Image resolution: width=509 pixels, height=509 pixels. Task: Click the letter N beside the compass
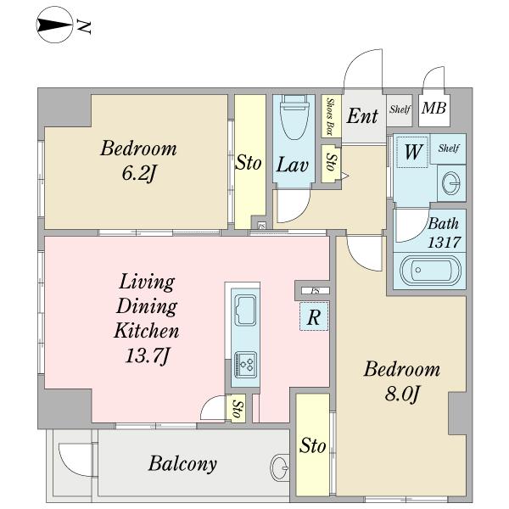[83, 26]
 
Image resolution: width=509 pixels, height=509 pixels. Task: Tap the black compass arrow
[54, 25]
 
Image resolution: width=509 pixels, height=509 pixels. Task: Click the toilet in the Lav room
[294, 117]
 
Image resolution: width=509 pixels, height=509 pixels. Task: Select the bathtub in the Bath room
[430, 270]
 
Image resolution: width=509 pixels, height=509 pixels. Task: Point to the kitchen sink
[245, 310]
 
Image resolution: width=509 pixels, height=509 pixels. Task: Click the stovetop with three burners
[246, 365]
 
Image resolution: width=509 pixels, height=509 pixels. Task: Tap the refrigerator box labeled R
[314, 316]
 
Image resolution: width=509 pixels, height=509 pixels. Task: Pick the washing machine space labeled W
[412, 152]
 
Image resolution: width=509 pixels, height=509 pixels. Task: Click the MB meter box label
[434, 108]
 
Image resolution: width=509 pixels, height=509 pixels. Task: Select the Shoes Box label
[331, 116]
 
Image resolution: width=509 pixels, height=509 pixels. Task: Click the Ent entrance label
[362, 116]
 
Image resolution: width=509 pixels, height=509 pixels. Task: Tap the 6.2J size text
[139, 173]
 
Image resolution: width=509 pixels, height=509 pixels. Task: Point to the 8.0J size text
[402, 394]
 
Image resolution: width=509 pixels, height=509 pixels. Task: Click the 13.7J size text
[147, 355]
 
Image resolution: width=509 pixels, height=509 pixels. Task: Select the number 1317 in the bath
[444, 242]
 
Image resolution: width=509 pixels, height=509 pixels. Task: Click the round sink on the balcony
[279, 467]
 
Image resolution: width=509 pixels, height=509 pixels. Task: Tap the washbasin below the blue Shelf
[451, 183]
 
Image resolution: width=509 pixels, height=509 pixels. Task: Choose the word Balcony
[182, 464]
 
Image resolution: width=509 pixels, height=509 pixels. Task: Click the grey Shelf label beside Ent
[400, 109]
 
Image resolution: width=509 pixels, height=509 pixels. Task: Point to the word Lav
[292, 165]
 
